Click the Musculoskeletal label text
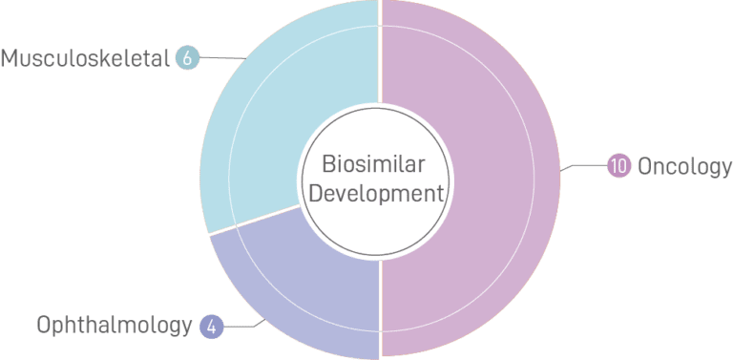point(86,59)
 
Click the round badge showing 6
point(187,59)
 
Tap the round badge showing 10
point(618,165)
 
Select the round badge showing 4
point(211,326)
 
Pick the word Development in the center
point(381,194)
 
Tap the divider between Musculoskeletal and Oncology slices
point(381,57)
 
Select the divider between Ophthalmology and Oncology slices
point(381,306)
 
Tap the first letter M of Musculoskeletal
point(12,59)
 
